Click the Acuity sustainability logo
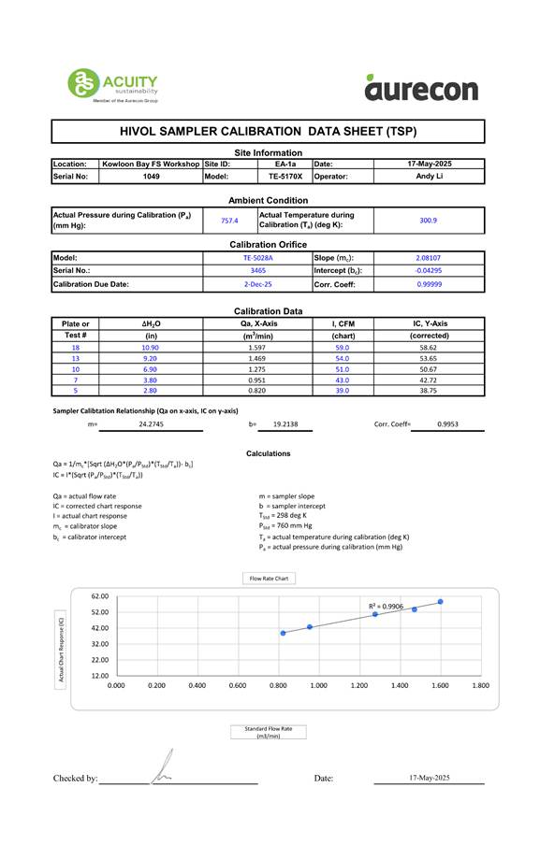pos(111,84)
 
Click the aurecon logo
pos(421,86)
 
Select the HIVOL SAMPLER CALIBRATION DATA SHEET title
pos(268,132)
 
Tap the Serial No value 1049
pos(151,176)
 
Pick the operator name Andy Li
pos(429,176)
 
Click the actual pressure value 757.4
pos(229,221)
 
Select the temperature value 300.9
pos(428,221)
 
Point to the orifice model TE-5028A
pos(257,257)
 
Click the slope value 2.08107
pos(429,257)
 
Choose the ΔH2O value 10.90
pos(151,347)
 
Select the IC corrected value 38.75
pos(429,392)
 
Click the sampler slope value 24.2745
pos(152,423)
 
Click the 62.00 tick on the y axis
pos(100,595)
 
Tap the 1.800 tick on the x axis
pos(480,685)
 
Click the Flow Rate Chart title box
pos(269,579)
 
